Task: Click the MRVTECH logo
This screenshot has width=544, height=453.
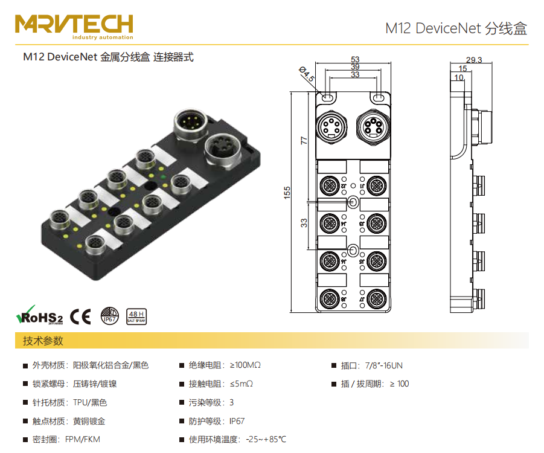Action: (74, 24)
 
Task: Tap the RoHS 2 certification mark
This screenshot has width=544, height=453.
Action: (39, 316)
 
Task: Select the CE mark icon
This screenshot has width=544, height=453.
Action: (80, 316)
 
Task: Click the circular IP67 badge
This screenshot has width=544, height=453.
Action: (109, 316)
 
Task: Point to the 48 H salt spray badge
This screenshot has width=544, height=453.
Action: (136, 316)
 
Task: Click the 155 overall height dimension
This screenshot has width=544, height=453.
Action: (287, 192)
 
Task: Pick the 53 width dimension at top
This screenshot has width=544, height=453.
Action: (355, 59)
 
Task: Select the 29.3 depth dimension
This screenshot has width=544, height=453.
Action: (474, 59)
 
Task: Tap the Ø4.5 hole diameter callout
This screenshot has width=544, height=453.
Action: (307, 74)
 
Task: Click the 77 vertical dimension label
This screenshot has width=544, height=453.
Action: (304, 140)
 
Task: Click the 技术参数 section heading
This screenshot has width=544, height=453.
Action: (43, 341)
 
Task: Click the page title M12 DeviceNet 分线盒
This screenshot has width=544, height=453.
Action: (456, 28)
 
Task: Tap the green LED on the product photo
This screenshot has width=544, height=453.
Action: (164, 177)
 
